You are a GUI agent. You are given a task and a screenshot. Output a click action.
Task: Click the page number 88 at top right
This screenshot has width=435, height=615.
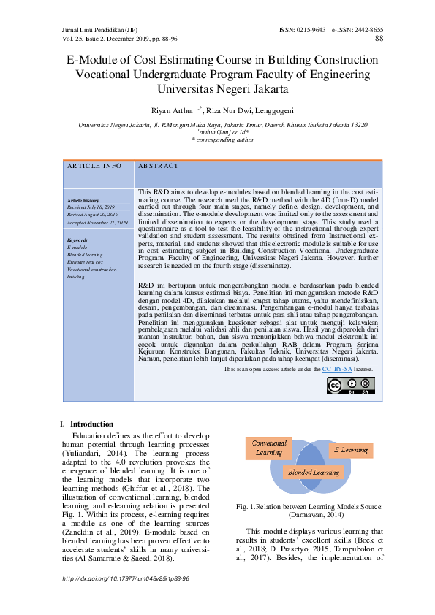click(x=379, y=39)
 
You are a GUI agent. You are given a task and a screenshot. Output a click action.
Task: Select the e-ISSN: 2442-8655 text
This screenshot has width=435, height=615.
click(x=357, y=30)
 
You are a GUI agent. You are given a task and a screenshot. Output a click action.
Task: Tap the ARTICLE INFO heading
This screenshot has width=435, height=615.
click(x=94, y=167)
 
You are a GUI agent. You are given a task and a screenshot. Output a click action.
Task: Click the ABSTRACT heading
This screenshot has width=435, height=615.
click(x=158, y=167)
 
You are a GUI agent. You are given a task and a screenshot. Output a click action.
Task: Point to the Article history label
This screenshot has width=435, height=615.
click(x=83, y=200)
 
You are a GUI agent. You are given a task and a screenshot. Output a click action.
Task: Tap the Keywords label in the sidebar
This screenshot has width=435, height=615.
click(x=77, y=240)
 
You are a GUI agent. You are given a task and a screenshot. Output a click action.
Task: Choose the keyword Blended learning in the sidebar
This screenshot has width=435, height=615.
click(x=85, y=254)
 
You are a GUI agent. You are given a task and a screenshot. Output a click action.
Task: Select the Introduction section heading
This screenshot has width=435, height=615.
click(x=91, y=424)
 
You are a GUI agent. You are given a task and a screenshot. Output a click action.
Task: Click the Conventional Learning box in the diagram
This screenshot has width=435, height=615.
click(x=269, y=447)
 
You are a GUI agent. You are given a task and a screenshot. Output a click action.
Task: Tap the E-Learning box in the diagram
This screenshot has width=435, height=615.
click(x=351, y=451)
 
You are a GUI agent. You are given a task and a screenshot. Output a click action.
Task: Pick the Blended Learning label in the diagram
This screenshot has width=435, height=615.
click(x=310, y=473)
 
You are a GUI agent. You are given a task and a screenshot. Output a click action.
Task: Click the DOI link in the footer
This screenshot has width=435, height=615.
click(x=126, y=578)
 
